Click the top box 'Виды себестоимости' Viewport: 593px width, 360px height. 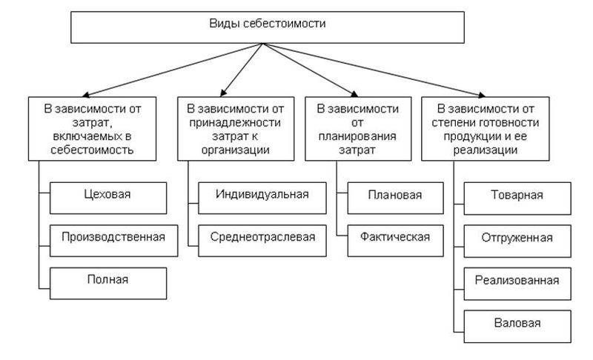267,25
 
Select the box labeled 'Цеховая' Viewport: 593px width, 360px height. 107,195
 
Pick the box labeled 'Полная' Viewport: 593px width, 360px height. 107,279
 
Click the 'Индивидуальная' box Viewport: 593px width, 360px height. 262,195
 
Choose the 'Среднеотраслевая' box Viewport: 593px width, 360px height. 262,237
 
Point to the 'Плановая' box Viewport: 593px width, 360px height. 394,195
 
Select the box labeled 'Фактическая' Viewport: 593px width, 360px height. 394,237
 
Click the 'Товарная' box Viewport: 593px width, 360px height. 517,195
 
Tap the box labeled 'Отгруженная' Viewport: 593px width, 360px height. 517,237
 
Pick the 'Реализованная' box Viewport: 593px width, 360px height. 517,280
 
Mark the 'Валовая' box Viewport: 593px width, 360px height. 517,322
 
